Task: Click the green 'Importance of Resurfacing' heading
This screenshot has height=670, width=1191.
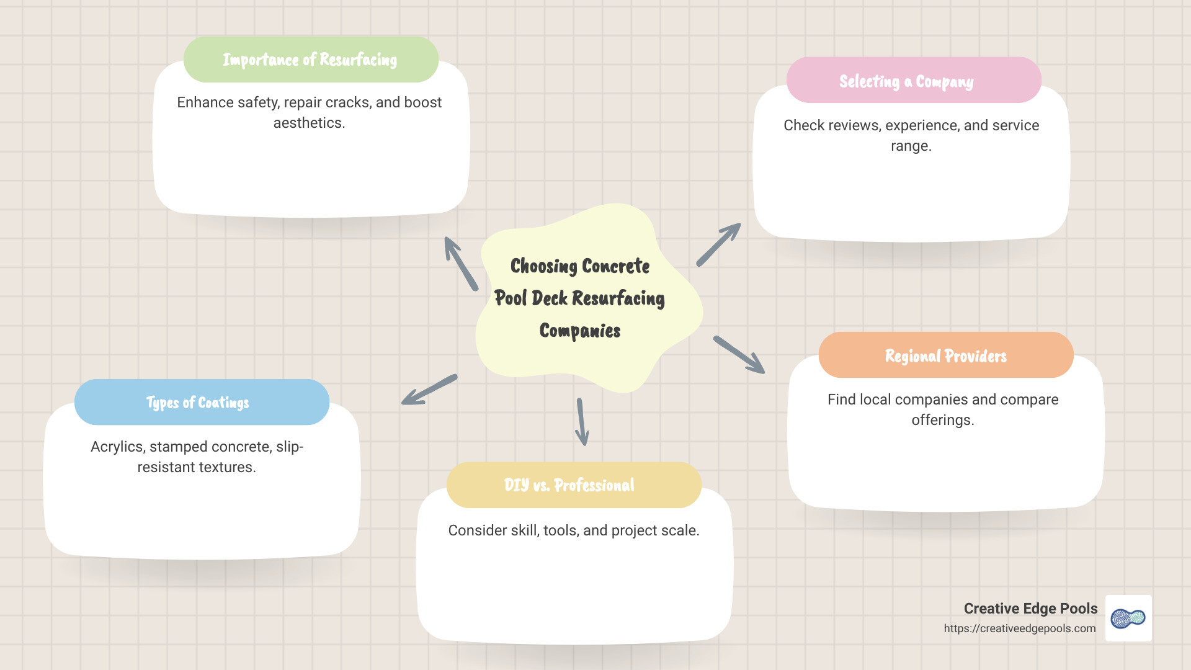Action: [x=310, y=60]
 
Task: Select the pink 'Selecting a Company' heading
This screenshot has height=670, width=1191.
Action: [x=906, y=81]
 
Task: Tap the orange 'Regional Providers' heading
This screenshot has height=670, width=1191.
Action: [x=945, y=356]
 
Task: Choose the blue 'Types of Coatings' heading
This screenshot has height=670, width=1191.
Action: [x=197, y=403]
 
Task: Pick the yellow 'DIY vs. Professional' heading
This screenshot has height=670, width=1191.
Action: [x=569, y=485]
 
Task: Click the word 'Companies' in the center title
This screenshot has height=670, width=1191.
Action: [x=580, y=331]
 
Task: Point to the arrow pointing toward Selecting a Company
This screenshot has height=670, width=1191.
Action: [x=718, y=244]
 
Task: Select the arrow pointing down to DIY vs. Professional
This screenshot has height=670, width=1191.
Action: [x=582, y=422]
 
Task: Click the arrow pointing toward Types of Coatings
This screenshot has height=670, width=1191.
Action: [x=429, y=390]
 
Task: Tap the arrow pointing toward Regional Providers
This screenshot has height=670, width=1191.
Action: [x=739, y=355]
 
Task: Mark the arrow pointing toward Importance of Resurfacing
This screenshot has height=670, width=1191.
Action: [x=461, y=263]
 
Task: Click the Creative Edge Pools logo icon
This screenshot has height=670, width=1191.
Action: [x=1128, y=618]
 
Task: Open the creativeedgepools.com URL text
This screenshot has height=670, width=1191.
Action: [x=1019, y=628]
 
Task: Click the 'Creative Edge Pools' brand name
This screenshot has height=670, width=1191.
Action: [x=1030, y=609]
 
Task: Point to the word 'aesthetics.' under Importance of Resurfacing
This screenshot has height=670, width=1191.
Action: [x=309, y=123]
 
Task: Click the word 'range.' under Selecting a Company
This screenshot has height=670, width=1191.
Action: [x=911, y=146]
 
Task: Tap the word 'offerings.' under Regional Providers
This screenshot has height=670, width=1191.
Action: [x=942, y=420]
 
